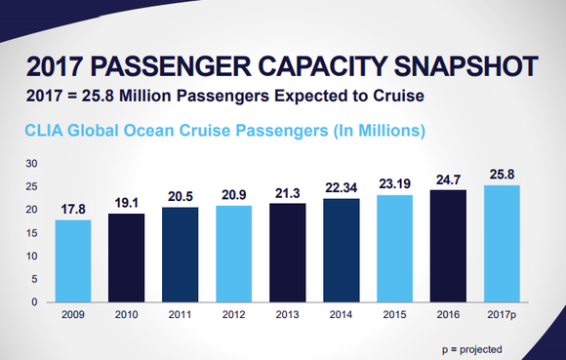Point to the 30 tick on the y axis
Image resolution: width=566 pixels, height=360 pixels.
[31, 163]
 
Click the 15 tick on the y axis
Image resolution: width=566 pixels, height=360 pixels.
[31, 232]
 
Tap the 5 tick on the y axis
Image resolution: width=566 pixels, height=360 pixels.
[34, 279]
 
